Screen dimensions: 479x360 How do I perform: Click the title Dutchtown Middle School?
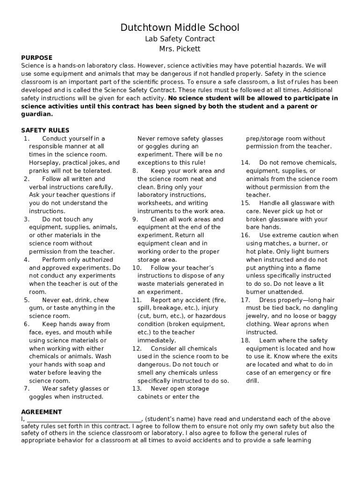180,28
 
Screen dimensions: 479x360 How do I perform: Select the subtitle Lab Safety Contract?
180,39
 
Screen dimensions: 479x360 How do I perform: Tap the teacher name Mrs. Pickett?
180,49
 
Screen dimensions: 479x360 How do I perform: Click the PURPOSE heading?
37,58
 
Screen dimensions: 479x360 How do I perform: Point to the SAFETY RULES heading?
45,130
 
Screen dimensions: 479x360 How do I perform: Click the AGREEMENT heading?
42,412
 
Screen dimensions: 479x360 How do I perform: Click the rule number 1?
26,138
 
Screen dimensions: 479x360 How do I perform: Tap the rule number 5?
27,300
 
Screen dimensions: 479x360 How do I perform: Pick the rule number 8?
135,171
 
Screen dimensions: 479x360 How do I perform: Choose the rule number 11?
137,300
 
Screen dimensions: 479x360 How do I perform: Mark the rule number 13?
137,388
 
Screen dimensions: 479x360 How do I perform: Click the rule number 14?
245,163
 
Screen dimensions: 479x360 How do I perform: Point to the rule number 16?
245,235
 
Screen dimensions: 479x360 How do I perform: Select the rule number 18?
245,341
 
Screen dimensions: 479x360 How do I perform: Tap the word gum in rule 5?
36,308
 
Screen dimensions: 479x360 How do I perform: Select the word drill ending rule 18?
252,381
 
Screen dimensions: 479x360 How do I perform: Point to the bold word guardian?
37,114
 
